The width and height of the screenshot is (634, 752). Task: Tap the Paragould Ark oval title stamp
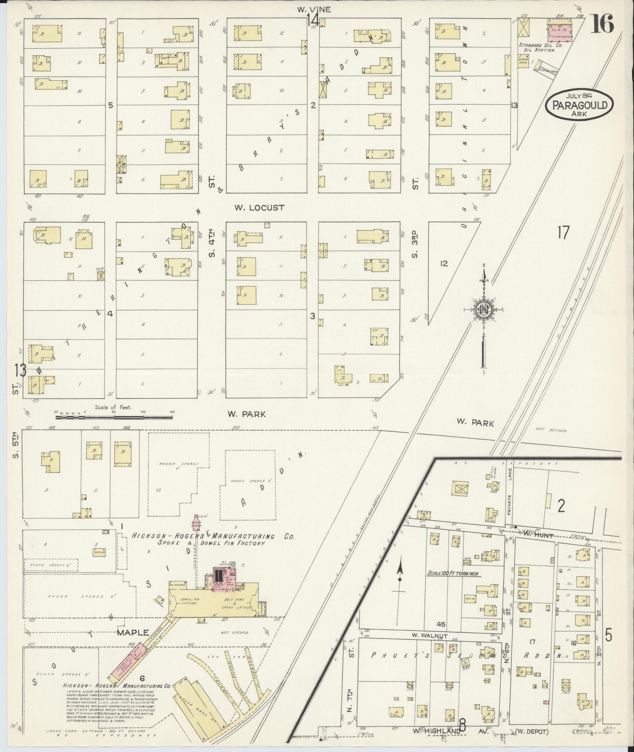(580, 105)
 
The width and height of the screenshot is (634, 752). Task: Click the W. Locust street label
(259, 208)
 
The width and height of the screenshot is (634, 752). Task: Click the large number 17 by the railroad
(563, 233)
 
